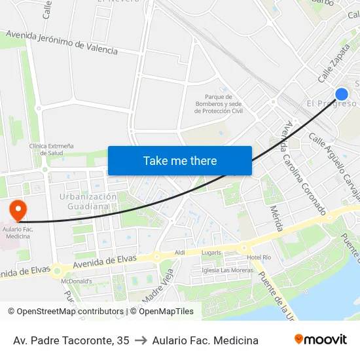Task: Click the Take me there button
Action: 180,160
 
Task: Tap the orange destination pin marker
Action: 18,210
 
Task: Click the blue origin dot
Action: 341,94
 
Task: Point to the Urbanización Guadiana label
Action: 88,201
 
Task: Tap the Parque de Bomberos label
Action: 219,104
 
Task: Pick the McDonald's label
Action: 76,281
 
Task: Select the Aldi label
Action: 180,253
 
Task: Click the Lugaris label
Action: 211,252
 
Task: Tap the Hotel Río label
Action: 259,257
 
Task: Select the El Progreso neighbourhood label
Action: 331,103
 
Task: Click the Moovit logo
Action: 320,340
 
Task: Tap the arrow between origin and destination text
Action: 140,340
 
